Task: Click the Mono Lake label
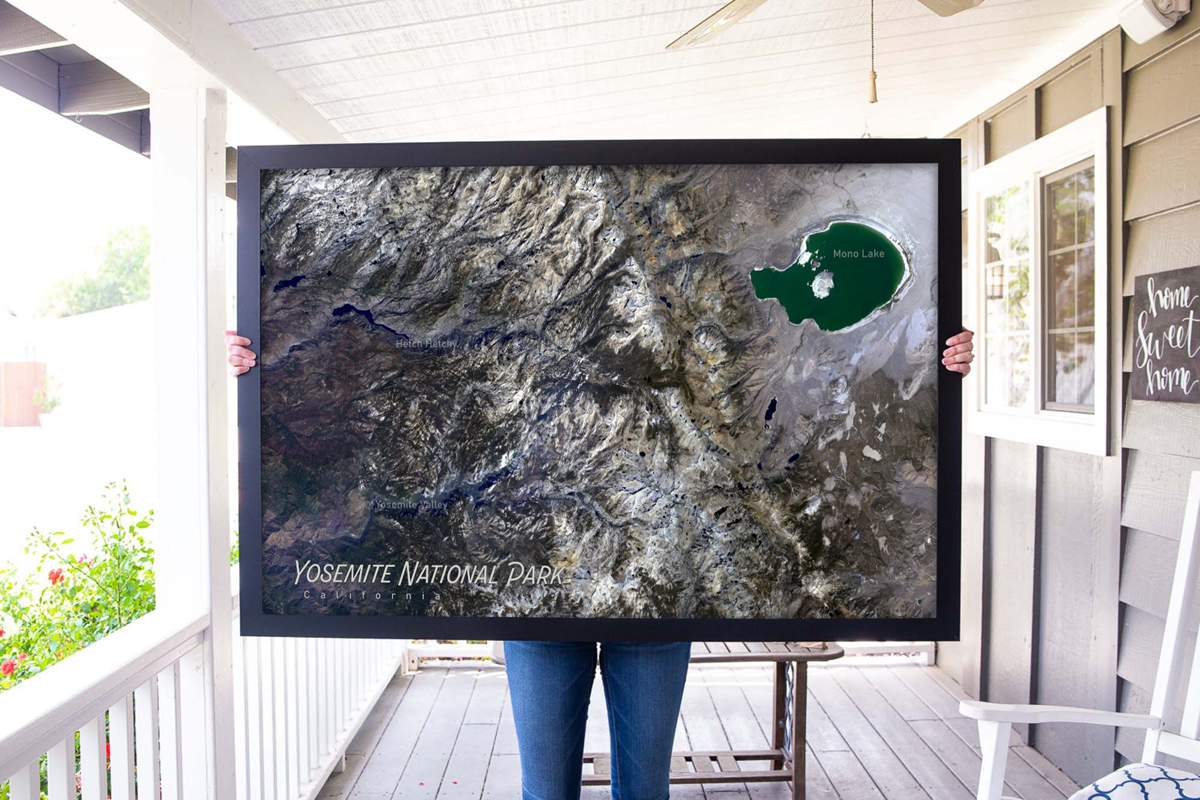click(x=858, y=254)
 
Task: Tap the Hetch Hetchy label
click(x=426, y=344)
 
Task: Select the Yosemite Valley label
click(x=411, y=505)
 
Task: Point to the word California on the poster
click(x=372, y=595)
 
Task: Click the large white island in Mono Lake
click(x=823, y=283)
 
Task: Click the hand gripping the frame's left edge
click(x=241, y=354)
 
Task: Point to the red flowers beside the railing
click(x=56, y=576)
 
